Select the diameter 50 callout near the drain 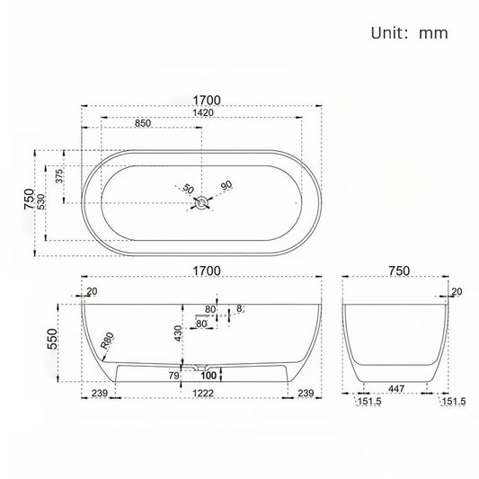coord(188,190)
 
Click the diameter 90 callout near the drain coord(226,185)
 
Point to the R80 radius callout coord(109,340)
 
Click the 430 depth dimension coord(180,333)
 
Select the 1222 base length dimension coord(201,394)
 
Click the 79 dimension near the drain coord(174,375)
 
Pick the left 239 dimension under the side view coord(99,394)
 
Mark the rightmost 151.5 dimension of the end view coord(452,401)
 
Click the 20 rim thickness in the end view coord(457,291)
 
